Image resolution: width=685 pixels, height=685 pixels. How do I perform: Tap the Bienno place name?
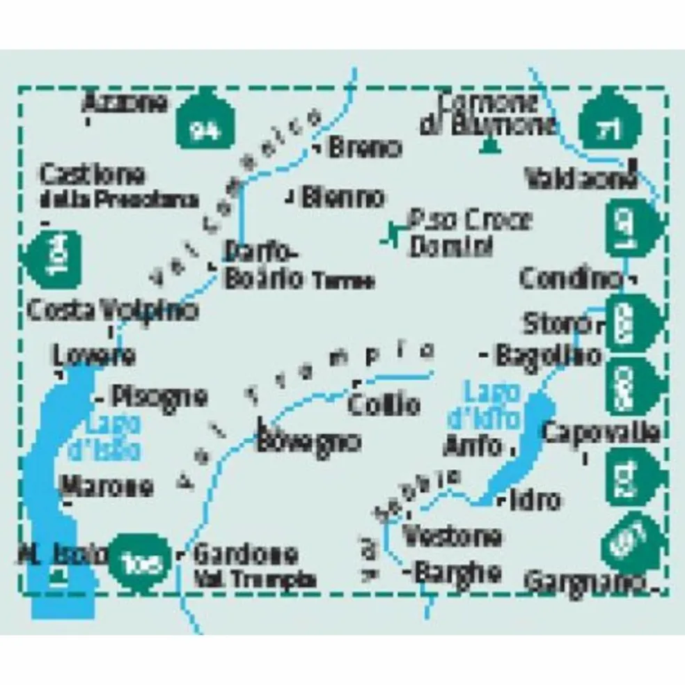tap(342, 197)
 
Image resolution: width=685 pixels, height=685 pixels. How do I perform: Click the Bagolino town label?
tap(547, 356)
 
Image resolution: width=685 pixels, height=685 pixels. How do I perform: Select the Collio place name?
tap(384, 404)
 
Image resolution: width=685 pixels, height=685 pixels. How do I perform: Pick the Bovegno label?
tap(308, 442)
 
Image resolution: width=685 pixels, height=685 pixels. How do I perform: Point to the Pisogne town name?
tap(159, 397)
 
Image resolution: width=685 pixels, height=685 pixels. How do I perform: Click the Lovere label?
tap(94, 356)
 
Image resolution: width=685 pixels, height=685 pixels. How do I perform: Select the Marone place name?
tap(107, 485)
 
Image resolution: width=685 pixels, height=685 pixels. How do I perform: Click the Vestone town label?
tap(452, 536)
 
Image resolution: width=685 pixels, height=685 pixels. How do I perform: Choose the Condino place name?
tap(569, 279)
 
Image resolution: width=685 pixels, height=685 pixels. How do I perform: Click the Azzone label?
tap(125, 103)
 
